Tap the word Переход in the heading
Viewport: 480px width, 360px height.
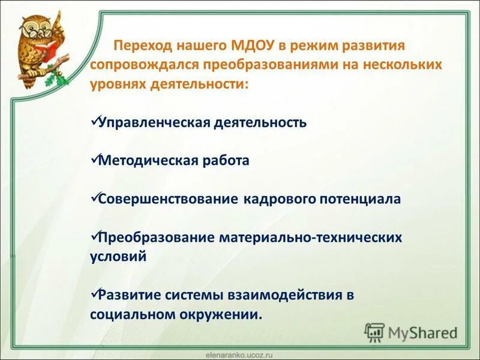coord(142,46)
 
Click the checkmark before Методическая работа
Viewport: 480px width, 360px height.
coord(94,159)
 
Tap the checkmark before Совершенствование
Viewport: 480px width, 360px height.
coord(94,197)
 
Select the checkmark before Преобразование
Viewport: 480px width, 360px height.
coord(94,236)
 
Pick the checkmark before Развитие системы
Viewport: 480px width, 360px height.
coord(94,293)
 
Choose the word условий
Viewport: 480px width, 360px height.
coord(118,256)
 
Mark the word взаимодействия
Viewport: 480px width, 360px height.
coord(284,295)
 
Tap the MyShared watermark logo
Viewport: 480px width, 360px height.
coord(412,332)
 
